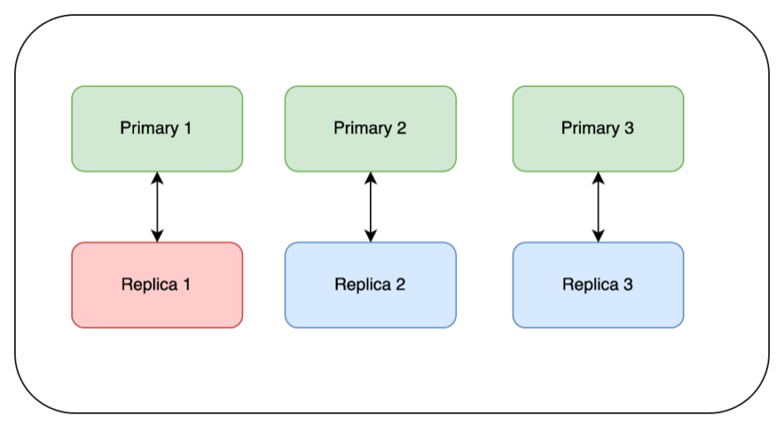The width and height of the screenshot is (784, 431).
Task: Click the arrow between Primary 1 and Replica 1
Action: coord(157,207)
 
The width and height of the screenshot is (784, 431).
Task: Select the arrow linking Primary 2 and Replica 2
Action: coord(371,207)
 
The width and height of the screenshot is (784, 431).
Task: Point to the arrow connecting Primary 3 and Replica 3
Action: coord(598,207)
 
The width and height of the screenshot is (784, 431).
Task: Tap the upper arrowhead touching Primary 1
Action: coord(157,178)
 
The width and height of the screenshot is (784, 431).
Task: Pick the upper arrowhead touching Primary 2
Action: coord(371,178)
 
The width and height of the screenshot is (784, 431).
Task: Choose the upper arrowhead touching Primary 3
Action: coord(598,178)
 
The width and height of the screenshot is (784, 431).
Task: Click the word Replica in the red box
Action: coord(149,284)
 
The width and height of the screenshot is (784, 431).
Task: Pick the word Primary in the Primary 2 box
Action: coord(362,128)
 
